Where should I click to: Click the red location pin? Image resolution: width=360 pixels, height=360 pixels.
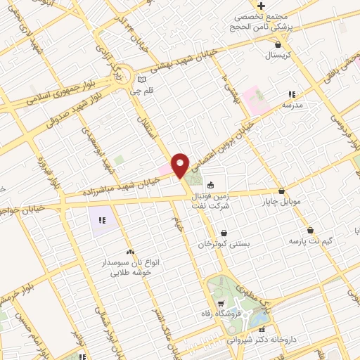pyautogui.click(x=181, y=165)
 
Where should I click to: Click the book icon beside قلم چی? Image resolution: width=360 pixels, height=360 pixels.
pyautogui.click(x=143, y=79)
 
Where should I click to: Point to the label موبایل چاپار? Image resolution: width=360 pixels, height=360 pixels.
pyautogui.click(x=281, y=202)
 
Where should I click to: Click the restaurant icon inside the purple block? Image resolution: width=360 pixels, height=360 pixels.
pyautogui.click(x=103, y=220)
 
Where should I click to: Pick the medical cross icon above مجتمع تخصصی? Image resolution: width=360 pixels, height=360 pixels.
pyautogui.click(x=260, y=6)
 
